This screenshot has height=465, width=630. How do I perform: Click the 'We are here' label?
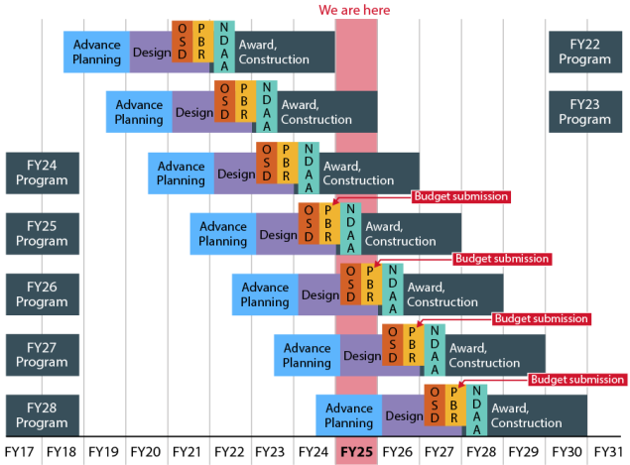(354, 10)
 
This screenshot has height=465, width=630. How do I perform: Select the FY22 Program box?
(584, 52)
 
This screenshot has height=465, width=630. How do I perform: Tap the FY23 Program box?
(584, 112)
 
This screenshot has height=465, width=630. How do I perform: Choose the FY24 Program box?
(42, 173)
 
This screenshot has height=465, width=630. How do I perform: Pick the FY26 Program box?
(42, 294)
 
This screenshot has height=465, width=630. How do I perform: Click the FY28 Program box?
(42, 415)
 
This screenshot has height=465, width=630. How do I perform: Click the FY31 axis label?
(606, 452)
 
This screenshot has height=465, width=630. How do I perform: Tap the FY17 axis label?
(20, 452)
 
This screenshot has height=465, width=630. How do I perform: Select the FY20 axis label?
(145, 452)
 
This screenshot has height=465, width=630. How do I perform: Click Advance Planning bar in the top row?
(97, 52)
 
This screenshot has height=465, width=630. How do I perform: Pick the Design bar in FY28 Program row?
(403, 416)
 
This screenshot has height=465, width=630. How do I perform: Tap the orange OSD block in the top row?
(183, 41)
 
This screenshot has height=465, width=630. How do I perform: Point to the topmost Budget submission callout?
(460, 196)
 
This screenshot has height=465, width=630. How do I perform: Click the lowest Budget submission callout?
(577, 379)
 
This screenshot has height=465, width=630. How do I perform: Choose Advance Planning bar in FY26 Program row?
(265, 294)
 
